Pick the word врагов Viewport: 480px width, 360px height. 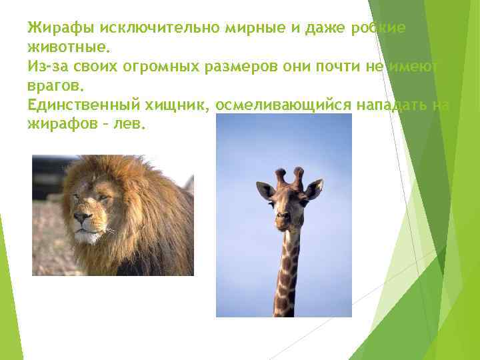[x=55, y=87]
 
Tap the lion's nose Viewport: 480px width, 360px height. [x=83, y=217]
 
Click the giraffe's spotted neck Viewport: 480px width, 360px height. [x=287, y=273]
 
